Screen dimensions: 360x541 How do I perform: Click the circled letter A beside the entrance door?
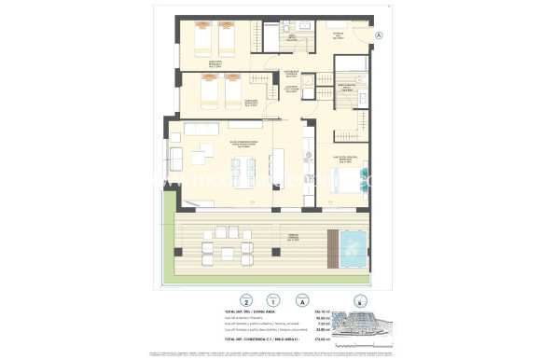pos(379,35)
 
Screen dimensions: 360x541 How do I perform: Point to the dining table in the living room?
pos(243,171)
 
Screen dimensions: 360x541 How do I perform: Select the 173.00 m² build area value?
pos(326,338)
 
